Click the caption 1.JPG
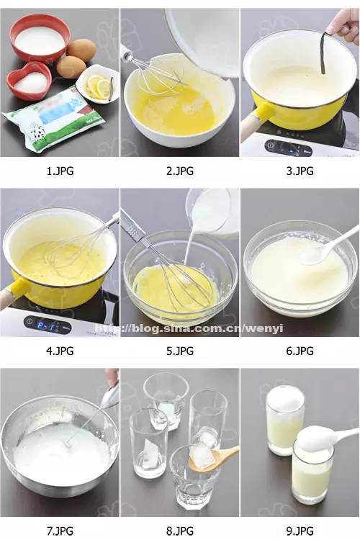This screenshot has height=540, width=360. tap(59, 171)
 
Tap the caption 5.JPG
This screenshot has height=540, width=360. tap(179, 351)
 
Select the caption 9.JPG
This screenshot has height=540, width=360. tap(300, 531)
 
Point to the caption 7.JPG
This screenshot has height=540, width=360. tap(59, 531)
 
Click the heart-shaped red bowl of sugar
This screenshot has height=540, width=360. tap(30, 81)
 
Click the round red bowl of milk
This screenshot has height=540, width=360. tap(40, 40)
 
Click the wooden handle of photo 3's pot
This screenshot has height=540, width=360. tap(251, 127)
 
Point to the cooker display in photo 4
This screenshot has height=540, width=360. tap(50, 324)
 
